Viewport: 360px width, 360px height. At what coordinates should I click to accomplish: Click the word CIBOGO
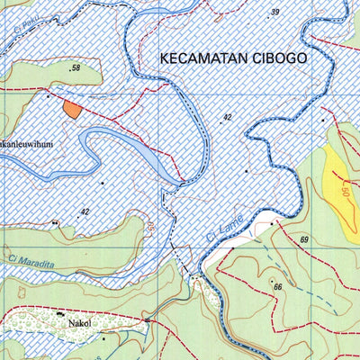[277, 57]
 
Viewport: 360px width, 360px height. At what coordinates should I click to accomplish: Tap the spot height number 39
[274, 12]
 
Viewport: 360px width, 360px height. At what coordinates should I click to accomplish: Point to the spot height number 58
[76, 68]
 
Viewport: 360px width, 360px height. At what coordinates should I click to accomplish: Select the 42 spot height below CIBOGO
[228, 118]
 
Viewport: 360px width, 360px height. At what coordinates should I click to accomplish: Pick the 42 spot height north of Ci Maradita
[85, 212]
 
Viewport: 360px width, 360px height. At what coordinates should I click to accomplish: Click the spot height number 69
[305, 239]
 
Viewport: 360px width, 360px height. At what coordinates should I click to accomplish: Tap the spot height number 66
[278, 287]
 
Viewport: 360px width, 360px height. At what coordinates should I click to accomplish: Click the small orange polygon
[71, 109]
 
